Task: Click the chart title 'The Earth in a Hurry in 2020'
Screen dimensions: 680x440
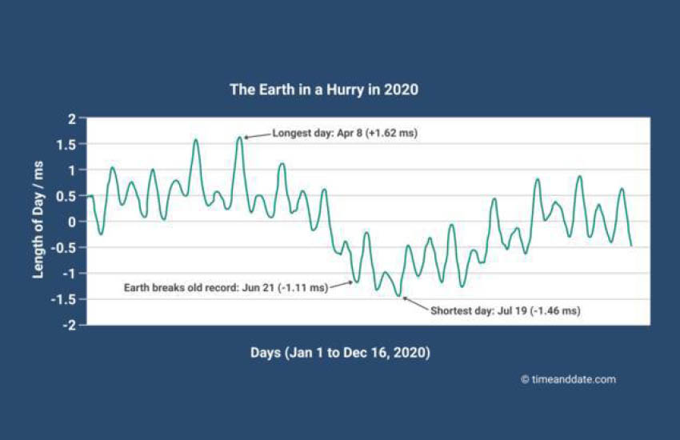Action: click(x=324, y=90)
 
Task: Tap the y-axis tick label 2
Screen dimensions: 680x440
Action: click(x=71, y=118)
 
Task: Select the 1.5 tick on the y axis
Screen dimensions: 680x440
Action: click(x=66, y=145)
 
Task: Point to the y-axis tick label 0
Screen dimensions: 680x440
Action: click(x=71, y=222)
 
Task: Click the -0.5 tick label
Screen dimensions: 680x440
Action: click(x=63, y=248)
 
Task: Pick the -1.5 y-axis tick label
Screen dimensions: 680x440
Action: click(x=63, y=299)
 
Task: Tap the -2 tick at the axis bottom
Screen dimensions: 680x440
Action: click(x=69, y=325)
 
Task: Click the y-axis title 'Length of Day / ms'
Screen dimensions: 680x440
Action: click(x=38, y=220)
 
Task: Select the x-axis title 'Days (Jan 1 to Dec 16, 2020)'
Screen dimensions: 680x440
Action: click(x=341, y=353)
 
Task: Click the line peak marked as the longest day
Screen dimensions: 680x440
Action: click(x=240, y=138)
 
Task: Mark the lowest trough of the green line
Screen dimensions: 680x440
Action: click(x=399, y=296)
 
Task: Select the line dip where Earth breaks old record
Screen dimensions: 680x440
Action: click(x=357, y=282)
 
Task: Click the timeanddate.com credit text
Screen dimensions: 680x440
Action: click(x=574, y=380)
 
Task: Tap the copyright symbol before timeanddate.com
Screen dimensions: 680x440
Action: click(x=525, y=380)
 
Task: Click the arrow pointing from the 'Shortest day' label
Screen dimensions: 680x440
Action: click(x=416, y=303)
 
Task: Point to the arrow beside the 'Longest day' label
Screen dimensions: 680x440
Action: click(x=258, y=136)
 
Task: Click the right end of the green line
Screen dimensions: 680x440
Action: click(x=631, y=246)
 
